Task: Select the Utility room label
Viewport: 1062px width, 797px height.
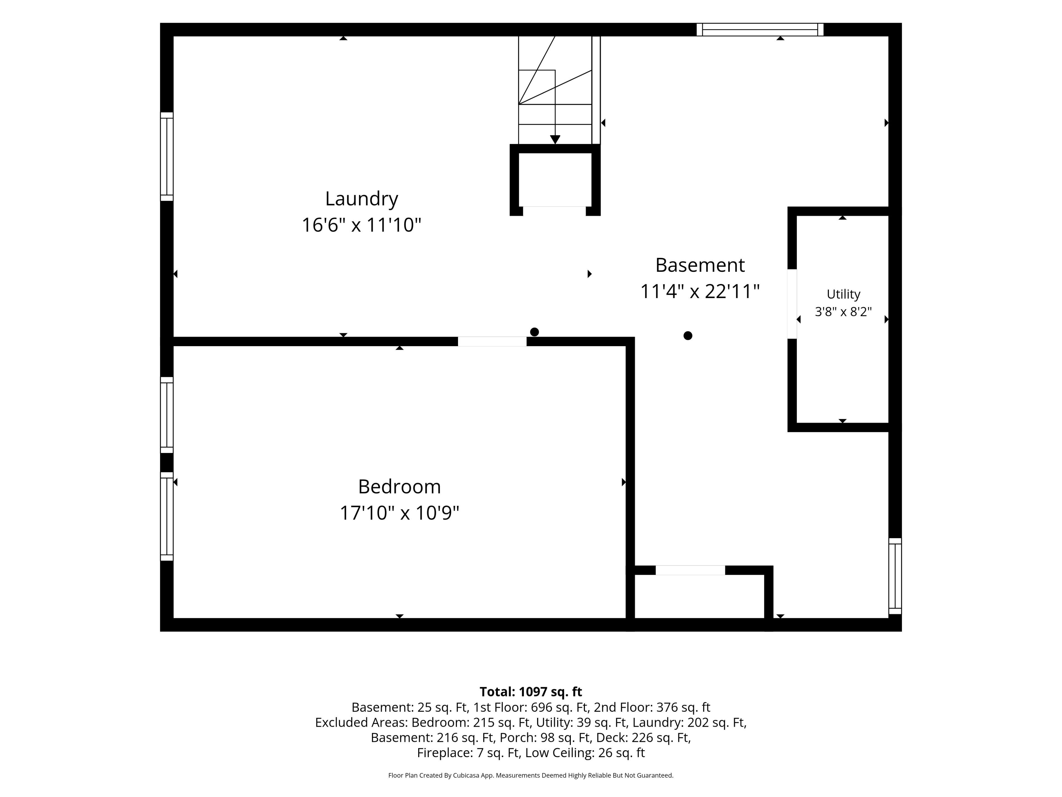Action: tap(843, 294)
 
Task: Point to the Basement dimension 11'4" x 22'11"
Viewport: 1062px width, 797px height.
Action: tap(700, 291)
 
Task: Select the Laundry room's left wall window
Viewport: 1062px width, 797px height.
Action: tap(166, 157)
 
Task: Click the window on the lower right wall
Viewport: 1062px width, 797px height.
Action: tap(895, 576)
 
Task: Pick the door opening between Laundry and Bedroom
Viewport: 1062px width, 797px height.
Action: tap(492, 341)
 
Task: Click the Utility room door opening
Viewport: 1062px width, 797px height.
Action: tap(792, 304)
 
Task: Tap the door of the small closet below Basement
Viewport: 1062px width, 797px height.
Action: tap(690, 570)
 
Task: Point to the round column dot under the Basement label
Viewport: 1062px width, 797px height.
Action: tap(688, 336)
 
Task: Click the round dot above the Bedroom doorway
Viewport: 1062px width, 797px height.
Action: tap(534, 332)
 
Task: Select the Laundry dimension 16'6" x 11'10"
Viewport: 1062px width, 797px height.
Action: tap(361, 225)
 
